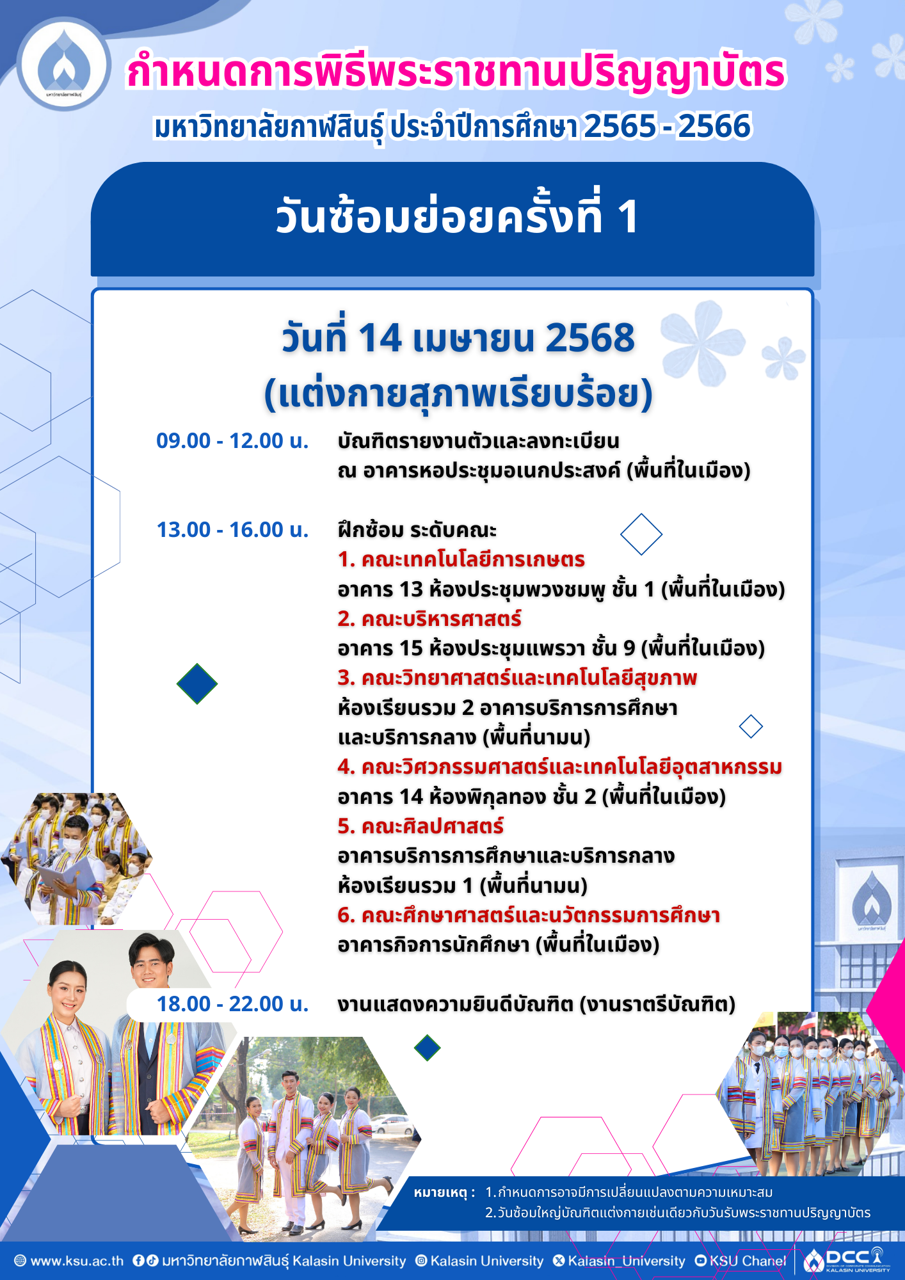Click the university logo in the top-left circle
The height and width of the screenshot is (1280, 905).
[x=63, y=64]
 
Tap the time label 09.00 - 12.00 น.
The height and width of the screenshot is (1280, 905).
[x=232, y=441]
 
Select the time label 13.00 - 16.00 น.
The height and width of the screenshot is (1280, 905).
[x=232, y=530]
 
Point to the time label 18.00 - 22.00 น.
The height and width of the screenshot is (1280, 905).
[x=232, y=1004]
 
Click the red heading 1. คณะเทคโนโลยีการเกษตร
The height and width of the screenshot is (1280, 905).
[x=461, y=559]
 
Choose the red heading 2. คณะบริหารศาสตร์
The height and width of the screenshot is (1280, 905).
[x=429, y=619]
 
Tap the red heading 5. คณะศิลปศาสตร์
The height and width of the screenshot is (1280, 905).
[x=420, y=826]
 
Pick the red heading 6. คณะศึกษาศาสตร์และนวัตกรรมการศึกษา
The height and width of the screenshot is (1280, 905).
[x=529, y=915]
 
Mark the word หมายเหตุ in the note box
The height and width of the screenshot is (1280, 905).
[x=440, y=1192]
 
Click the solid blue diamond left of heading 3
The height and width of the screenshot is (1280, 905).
[x=197, y=684]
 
